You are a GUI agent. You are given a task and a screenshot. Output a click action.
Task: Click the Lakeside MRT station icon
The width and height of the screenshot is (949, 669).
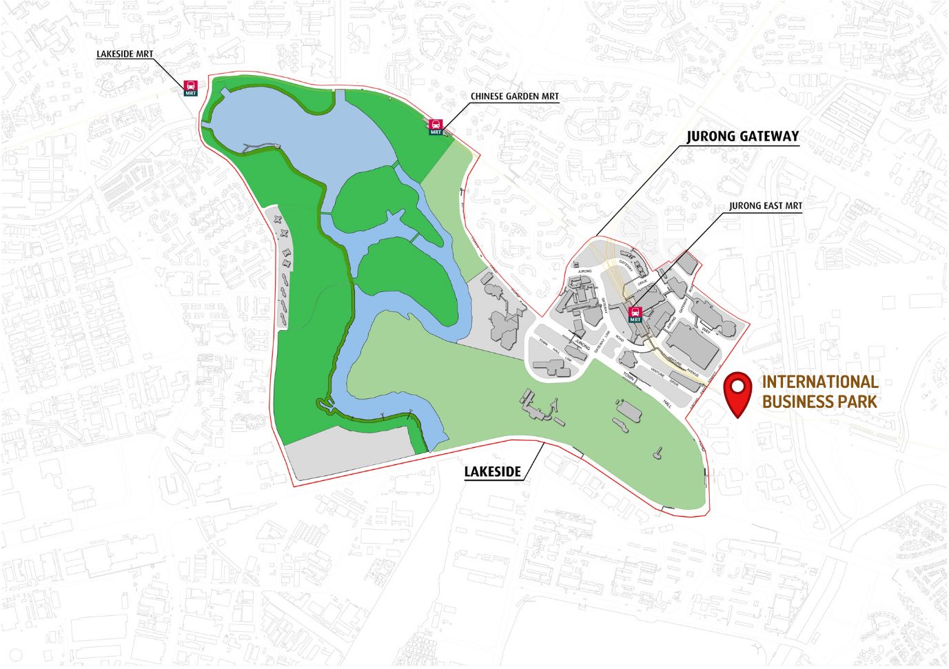click(190, 88)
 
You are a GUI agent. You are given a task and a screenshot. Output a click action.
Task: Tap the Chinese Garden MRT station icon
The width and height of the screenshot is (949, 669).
click(436, 127)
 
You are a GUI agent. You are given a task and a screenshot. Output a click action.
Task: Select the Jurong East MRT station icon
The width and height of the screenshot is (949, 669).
click(635, 315)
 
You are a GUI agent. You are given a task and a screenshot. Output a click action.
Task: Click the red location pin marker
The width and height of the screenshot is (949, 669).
click(739, 393)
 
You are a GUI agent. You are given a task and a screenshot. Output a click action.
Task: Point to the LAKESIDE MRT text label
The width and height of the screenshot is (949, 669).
click(125, 54)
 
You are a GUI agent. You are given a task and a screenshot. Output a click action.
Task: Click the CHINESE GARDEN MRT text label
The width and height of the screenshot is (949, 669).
click(514, 96)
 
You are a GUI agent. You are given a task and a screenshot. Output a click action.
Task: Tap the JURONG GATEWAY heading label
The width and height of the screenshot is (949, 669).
click(742, 136)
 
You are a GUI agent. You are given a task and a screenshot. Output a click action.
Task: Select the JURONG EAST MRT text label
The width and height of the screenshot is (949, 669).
click(765, 205)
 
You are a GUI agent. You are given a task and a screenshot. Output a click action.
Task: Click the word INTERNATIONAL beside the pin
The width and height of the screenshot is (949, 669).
click(819, 382)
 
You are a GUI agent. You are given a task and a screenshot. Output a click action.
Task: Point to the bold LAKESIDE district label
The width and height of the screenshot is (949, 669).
click(492, 472)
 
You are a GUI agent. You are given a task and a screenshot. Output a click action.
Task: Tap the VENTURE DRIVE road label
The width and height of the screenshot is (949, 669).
click(664, 378)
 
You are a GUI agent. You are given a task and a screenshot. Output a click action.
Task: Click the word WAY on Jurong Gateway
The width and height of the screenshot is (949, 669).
click(706, 331)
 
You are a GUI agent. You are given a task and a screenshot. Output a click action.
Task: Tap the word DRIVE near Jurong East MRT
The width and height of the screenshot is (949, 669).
click(642, 283)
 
